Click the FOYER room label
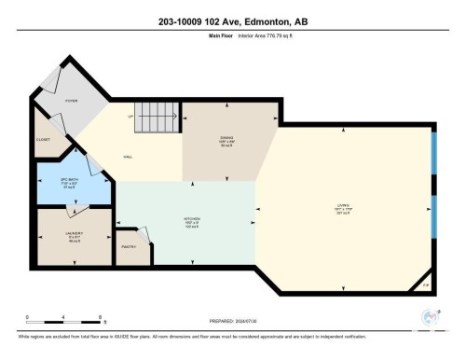[x=71, y=101]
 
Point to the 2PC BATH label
[x=59, y=185]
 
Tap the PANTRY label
[x=129, y=246]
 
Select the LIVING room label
[x=344, y=208]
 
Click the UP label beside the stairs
[x=131, y=116]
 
